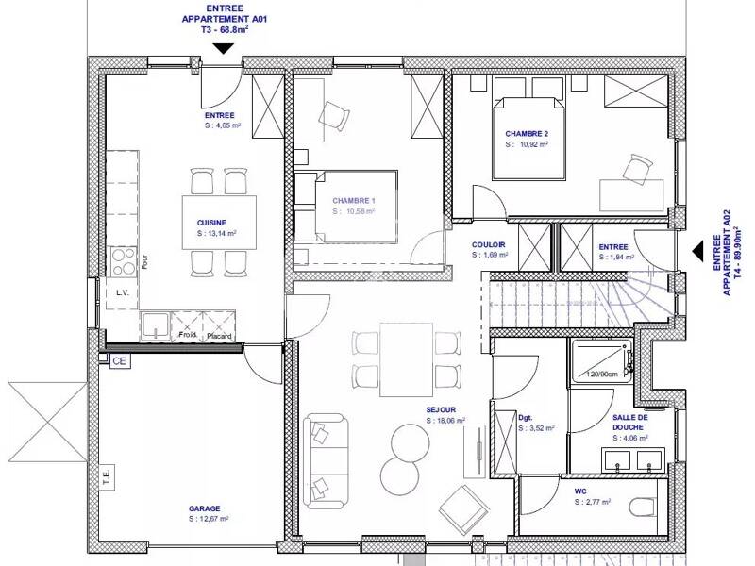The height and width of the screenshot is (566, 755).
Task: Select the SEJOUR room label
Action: (x=441, y=409)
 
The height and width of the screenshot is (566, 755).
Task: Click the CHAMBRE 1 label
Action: (x=353, y=201)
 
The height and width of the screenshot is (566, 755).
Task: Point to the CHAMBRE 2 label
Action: (x=526, y=134)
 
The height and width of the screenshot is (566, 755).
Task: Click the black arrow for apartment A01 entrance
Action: (x=224, y=49)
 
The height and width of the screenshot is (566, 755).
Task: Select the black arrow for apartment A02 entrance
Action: (x=699, y=251)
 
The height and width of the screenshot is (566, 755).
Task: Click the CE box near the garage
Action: (x=119, y=360)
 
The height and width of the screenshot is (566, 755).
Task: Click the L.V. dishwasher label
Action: (x=122, y=293)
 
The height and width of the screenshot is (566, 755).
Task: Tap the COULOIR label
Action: (x=490, y=245)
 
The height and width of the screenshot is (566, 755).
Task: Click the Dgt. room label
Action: (x=526, y=416)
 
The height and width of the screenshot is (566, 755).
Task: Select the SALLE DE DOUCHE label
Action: (x=629, y=422)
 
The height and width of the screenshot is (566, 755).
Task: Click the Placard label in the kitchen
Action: (x=219, y=335)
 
